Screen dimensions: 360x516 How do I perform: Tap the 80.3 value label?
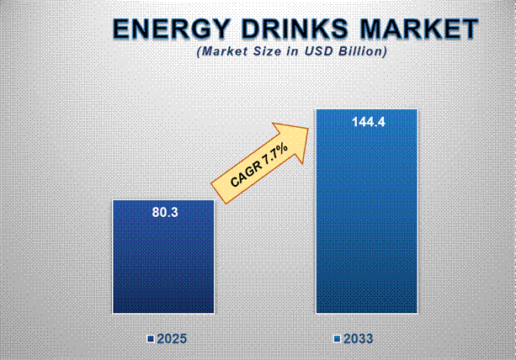point(163,214)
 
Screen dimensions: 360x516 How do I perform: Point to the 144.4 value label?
point(367,122)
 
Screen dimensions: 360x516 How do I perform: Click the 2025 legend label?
point(172,339)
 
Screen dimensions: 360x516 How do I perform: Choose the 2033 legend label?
point(358,339)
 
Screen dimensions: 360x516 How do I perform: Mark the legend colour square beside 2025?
point(150,339)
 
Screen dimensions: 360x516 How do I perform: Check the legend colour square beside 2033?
point(336,339)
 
